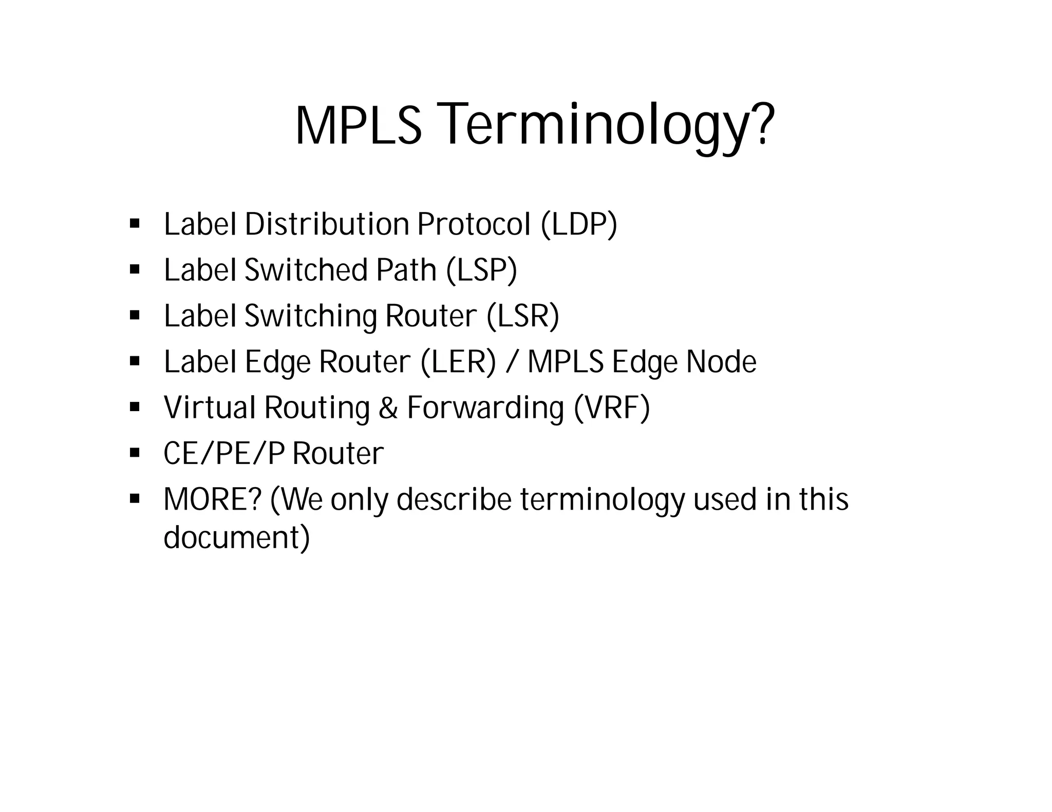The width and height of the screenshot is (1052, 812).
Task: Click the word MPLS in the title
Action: click(358, 125)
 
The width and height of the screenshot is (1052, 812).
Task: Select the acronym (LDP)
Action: click(579, 224)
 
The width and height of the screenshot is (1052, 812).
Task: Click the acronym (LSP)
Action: click(481, 270)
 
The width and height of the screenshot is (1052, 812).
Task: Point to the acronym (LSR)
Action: click(523, 316)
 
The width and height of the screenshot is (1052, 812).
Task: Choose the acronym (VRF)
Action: click(612, 408)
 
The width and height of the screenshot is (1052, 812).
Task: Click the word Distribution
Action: click(327, 224)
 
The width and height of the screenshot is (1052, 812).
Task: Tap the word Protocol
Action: click(474, 224)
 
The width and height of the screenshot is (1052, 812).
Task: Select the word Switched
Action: click(306, 270)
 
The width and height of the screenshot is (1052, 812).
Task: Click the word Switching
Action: click(311, 316)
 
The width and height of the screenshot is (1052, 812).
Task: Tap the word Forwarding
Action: click(485, 408)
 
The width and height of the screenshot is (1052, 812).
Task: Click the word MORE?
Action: click(213, 499)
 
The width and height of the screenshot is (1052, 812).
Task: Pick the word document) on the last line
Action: click(237, 537)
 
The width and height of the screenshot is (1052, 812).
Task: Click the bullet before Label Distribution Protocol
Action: click(135, 224)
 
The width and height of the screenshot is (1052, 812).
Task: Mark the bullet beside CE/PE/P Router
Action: click(135, 453)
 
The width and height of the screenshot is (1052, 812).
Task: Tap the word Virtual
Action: click(210, 408)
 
